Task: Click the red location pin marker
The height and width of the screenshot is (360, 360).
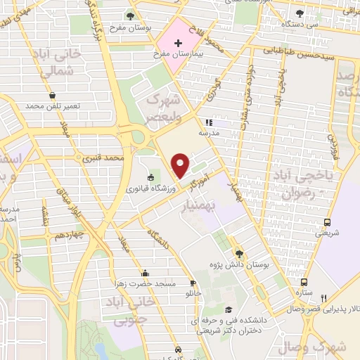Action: pyautogui.click(x=180, y=165)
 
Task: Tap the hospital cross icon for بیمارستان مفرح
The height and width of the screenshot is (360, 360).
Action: pyautogui.click(x=178, y=43)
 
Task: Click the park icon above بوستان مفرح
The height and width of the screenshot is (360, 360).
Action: pyautogui.click(x=131, y=15)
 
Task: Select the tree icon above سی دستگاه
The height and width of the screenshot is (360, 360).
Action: pyautogui.click(x=300, y=13)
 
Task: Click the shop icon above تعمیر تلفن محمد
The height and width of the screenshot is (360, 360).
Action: pyautogui.click(x=53, y=96)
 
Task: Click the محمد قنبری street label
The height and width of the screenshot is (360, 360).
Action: pyautogui.click(x=103, y=157)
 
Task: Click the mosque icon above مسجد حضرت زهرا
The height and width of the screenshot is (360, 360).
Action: pyautogui.click(x=145, y=274)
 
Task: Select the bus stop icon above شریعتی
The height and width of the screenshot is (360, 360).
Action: pyautogui.click(x=327, y=223)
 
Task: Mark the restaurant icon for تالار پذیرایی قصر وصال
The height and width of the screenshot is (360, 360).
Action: pyautogui.click(x=324, y=298)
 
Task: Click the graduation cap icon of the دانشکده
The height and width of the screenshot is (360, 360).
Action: pyautogui.click(x=227, y=309)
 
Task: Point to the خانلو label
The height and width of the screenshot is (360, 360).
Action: pyautogui.click(x=192, y=292)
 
